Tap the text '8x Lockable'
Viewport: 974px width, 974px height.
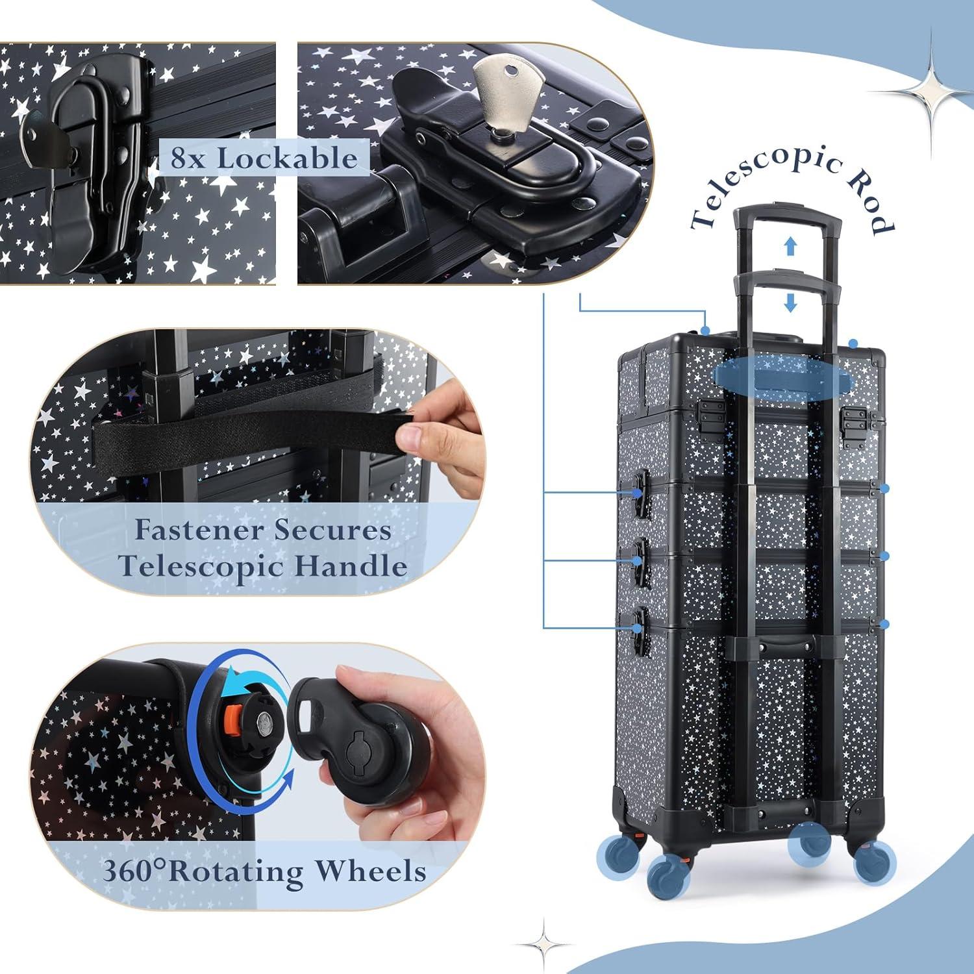click(x=264, y=158)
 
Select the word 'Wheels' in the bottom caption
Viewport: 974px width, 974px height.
click(x=370, y=871)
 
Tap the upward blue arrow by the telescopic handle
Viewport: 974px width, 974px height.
click(x=790, y=245)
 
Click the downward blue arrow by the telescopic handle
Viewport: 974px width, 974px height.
click(x=790, y=302)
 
